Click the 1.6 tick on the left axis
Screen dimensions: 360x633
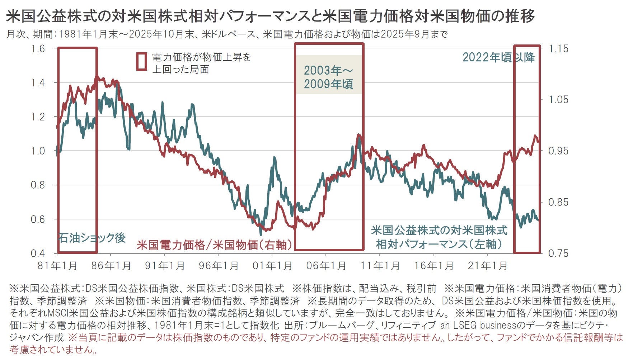[x=38, y=48]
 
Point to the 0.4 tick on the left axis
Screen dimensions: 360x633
[x=38, y=254]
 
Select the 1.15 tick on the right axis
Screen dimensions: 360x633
[x=559, y=48]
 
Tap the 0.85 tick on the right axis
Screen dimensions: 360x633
[x=559, y=202]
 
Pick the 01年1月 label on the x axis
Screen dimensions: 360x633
[x=272, y=266]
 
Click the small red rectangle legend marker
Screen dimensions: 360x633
[x=142, y=61]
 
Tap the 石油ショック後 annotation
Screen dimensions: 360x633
[x=92, y=238]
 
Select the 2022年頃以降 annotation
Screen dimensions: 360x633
[x=498, y=57]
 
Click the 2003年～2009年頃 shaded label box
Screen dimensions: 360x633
[x=328, y=77]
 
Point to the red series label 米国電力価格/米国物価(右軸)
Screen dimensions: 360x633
[x=215, y=245]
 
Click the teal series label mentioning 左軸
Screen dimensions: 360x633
[x=439, y=237]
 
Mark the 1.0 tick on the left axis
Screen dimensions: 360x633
[x=38, y=151]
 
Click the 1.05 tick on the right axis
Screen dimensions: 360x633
[x=559, y=100]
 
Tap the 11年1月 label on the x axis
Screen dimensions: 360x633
[x=380, y=266]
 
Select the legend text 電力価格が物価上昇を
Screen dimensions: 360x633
[x=201, y=57]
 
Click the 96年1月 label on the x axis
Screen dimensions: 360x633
[x=218, y=266]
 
